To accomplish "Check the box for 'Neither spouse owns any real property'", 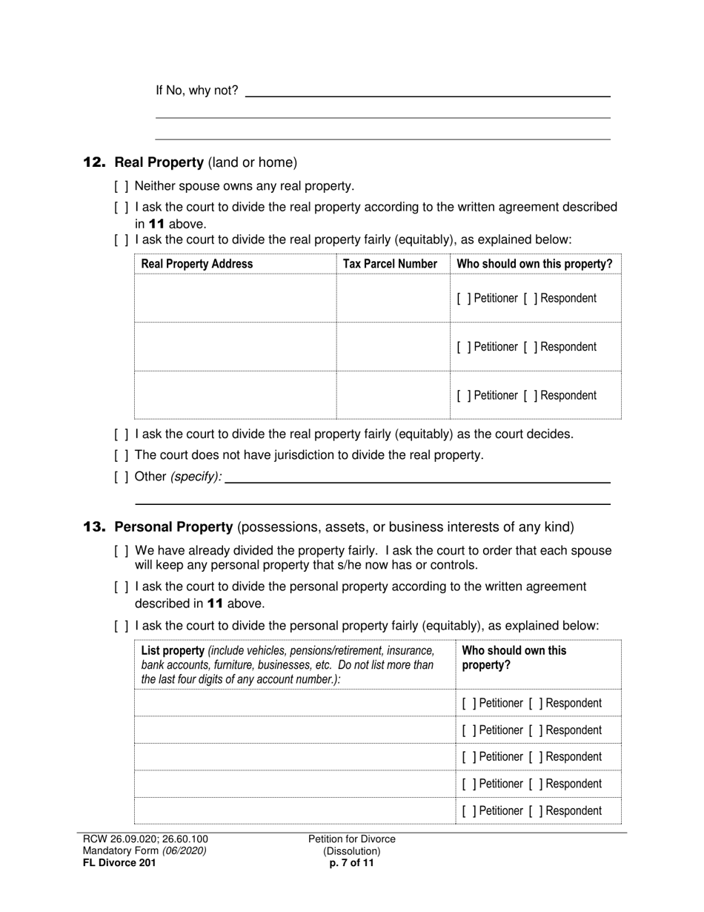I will (x=122, y=186).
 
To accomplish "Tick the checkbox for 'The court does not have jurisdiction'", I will (x=122, y=455).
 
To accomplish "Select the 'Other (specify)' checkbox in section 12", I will (x=122, y=476).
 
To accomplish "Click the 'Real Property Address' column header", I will (x=196, y=264).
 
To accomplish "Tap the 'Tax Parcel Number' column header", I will (x=390, y=264).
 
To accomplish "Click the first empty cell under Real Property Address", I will (x=235, y=298).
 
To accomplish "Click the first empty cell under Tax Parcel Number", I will (x=393, y=298).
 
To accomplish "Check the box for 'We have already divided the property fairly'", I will (x=122, y=551).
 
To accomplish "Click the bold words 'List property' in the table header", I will (x=172, y=651).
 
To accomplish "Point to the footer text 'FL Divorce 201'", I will (x=119, y=862).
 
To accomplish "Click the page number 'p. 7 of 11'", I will (x=352, y=862).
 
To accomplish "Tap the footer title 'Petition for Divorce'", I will (x=352, y=839).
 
